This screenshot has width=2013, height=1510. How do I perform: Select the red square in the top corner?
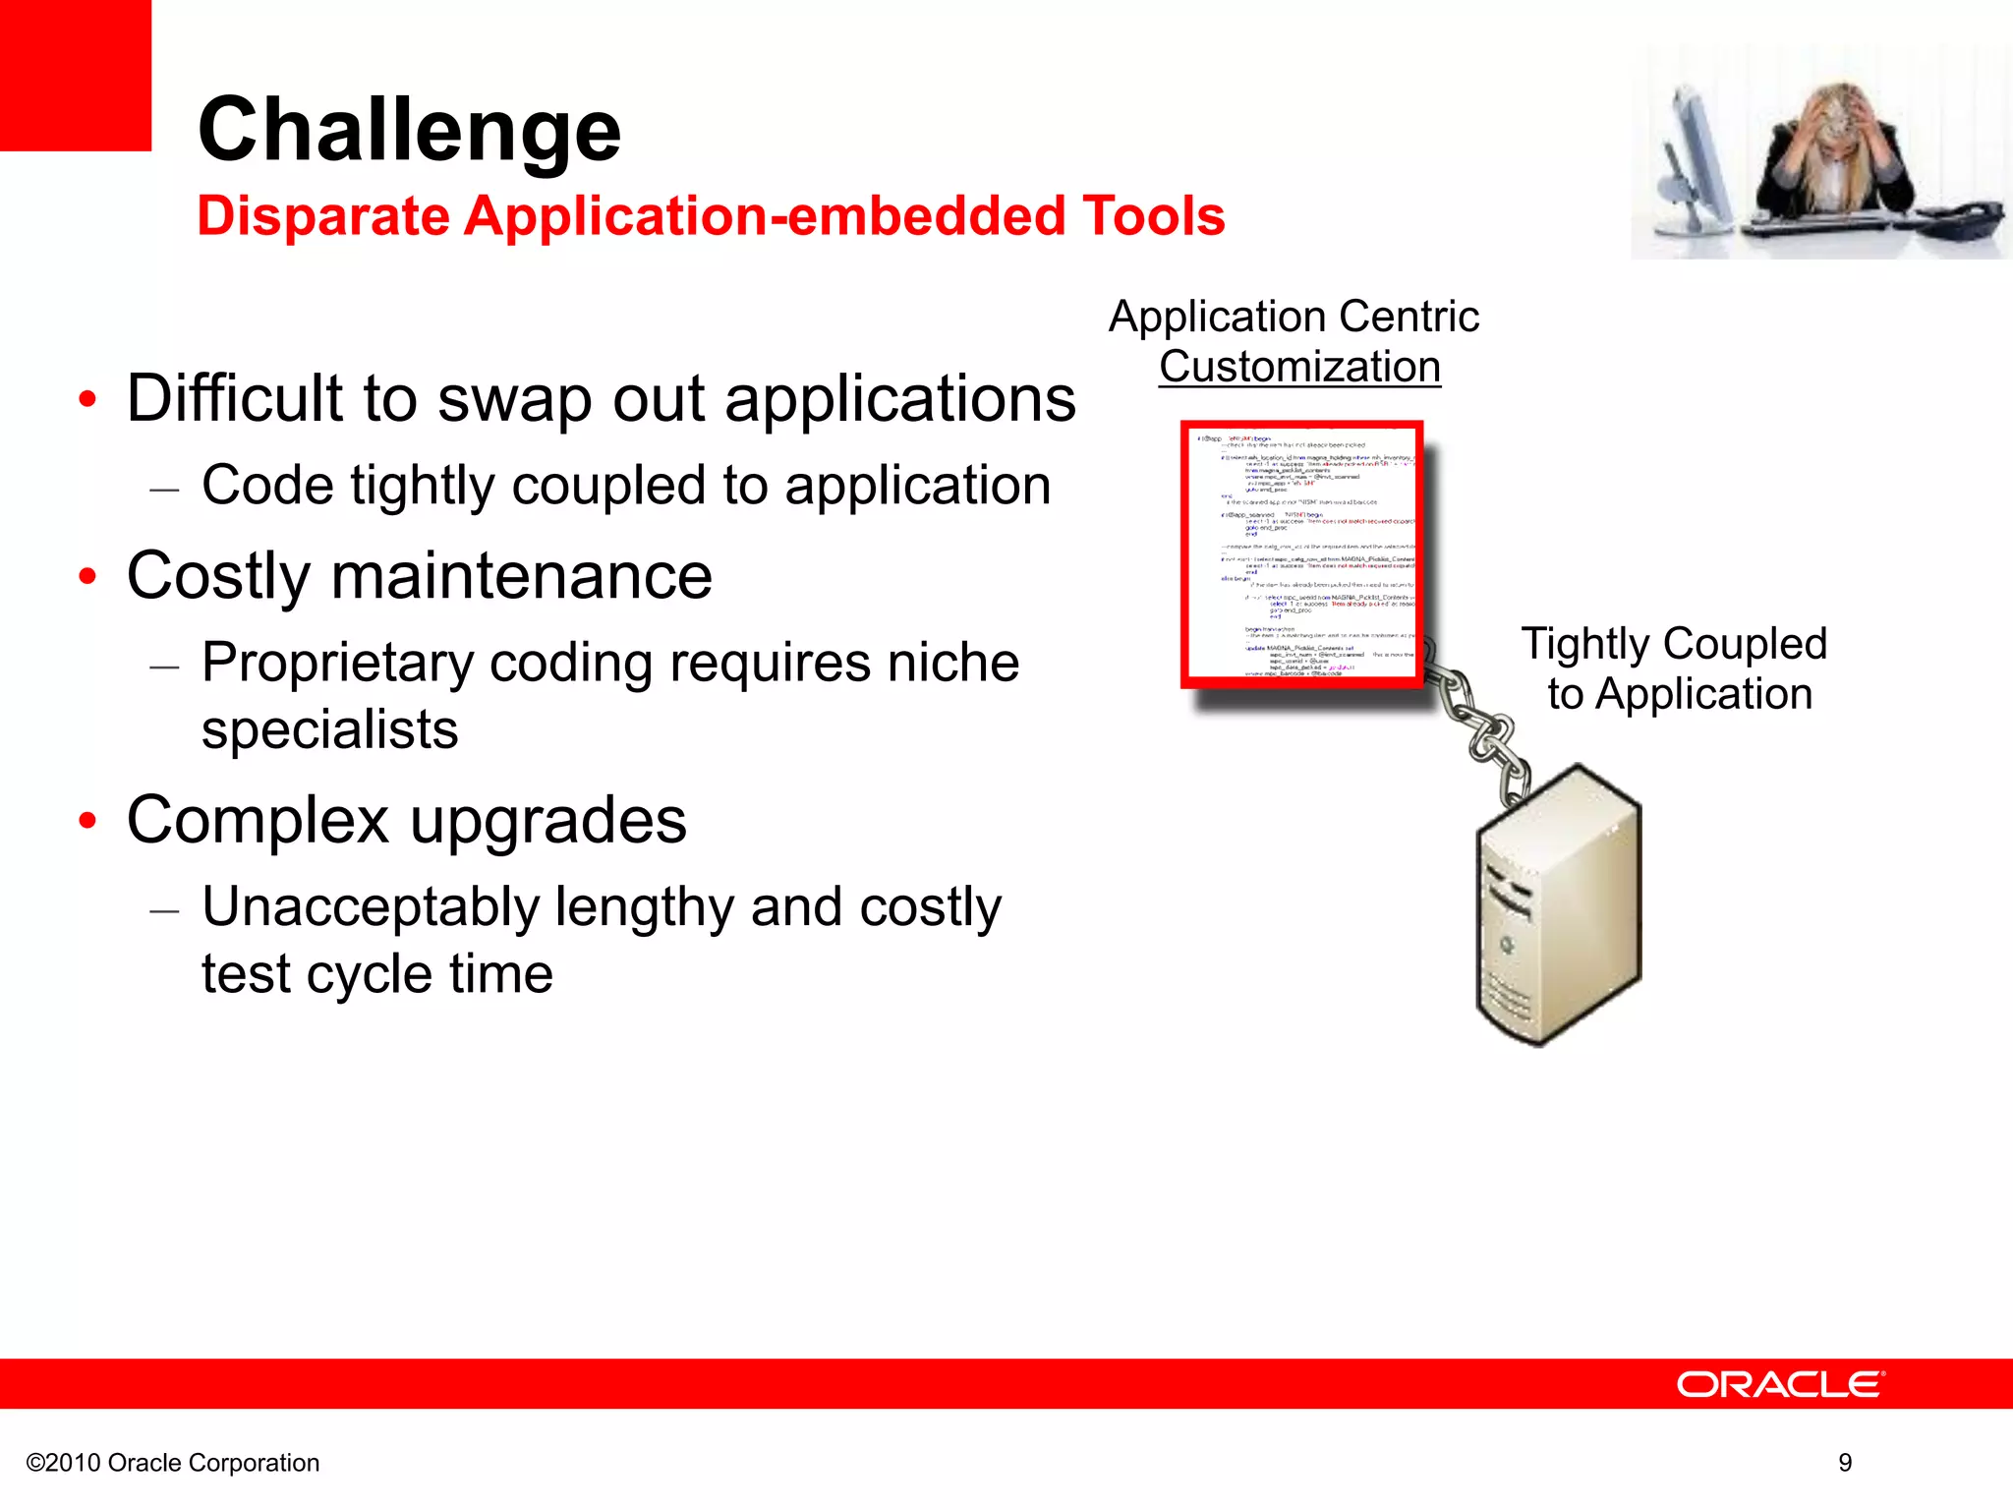[75, 75]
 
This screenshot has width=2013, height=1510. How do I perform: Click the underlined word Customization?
[1299, 367]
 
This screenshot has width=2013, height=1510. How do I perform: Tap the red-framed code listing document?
[1301, 554]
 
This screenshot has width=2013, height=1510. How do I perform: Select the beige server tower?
[1558, 909]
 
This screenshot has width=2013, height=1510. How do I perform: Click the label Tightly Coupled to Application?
[1675, 668]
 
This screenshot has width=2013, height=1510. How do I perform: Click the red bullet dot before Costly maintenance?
[88, 577]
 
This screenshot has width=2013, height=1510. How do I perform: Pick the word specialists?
[330, 729]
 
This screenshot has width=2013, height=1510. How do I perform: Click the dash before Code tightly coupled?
[164, 489]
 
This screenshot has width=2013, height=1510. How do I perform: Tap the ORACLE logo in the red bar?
[1779, 1384]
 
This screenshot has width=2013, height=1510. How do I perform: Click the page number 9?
[1845, 1463]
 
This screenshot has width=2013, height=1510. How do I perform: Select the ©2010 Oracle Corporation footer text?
[173, 1463]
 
